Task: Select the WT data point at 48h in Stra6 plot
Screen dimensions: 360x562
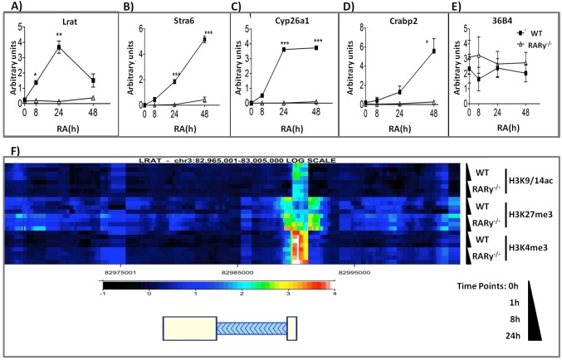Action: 203,39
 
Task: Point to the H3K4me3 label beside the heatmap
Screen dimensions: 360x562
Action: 531,249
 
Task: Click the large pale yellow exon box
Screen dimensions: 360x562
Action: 188,330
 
